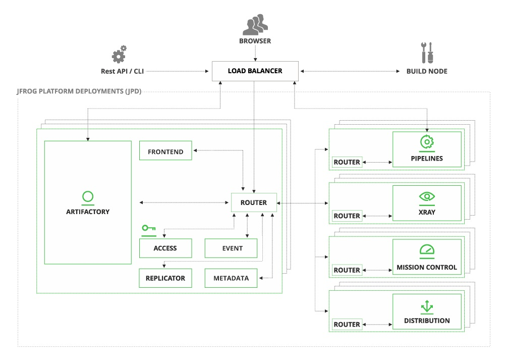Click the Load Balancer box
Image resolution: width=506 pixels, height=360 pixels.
pos(255,71)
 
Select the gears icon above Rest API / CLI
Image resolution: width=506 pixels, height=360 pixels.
pos(119,54)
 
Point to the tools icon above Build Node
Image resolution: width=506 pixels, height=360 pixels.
pos(427,53)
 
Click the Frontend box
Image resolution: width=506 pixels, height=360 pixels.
pos(165,151)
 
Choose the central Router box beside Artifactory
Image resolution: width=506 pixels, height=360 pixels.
pos(254,202)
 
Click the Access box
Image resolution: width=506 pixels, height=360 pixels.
pos(165,248)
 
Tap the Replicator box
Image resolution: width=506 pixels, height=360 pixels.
pos(165,278)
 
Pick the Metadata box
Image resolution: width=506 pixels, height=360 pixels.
pos(231,278)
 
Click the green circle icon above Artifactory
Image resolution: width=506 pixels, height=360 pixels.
pos(88,196)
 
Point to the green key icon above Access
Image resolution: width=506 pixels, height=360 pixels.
pos(148,229)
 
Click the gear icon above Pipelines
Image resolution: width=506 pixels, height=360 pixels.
pos(427,142)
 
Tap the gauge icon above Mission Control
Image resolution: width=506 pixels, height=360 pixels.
pos(427,250)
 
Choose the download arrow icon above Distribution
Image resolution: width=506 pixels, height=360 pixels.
pos(427,305)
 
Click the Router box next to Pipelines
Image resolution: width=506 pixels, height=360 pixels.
pos(347,162)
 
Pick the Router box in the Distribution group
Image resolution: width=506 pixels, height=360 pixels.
pos(347,324)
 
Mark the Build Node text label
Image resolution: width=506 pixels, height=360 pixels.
pos(427,71)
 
